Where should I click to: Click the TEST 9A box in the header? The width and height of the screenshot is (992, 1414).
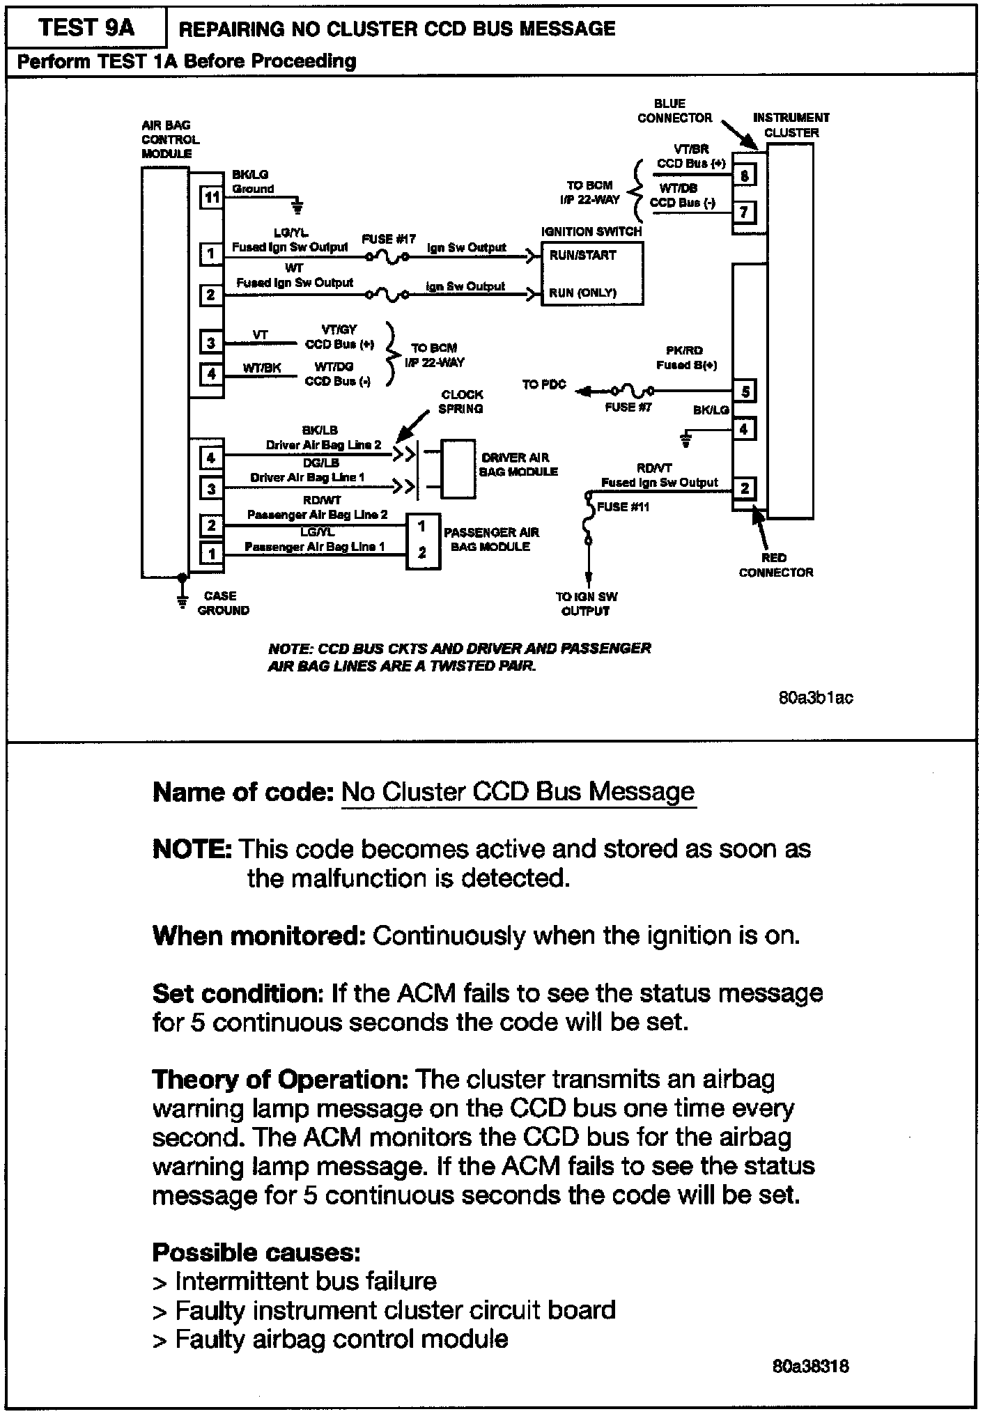(x=86, y=28)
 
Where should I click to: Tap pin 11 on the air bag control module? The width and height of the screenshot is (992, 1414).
(x=211, y=197)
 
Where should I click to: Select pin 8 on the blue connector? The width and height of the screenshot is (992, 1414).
(x=744, y=175)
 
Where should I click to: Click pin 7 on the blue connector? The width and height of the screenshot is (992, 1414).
(x=744, y=211)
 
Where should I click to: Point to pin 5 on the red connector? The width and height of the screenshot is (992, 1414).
(x=745, y=391)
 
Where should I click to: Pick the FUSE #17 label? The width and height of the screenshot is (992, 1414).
(x=389, y=239)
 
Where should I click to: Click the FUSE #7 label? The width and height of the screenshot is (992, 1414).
(x=628, y=407)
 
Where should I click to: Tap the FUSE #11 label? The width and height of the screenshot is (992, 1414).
(x=623, y=507)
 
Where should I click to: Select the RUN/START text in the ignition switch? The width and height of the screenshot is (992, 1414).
(x=582, y=256)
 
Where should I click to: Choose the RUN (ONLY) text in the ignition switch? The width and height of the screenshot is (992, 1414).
(x=582, y=293)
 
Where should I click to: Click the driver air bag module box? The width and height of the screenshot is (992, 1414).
(x=458, y=469)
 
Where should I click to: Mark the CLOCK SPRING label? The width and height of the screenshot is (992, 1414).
(x=461, y=401)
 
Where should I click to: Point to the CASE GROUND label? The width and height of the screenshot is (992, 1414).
(x=223, y=603)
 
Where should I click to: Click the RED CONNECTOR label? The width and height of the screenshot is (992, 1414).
(x=775, y=565)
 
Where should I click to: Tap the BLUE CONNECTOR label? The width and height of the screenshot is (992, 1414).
(x=673, y=111)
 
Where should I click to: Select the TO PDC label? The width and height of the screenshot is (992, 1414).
(x=544, y=384)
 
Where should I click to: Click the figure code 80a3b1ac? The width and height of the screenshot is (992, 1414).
(x=815, y=697)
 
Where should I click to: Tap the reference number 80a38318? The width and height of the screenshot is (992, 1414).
(x=810, y=1366)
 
